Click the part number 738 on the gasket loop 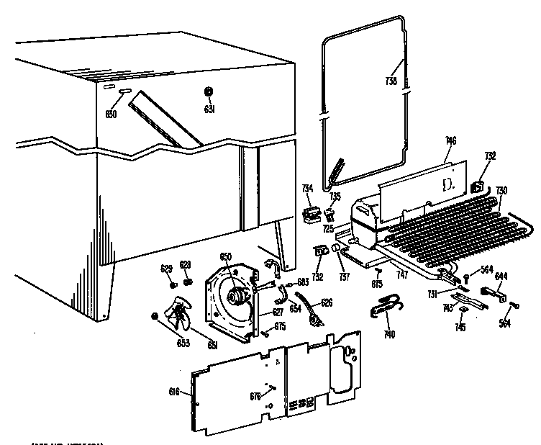point(391,81)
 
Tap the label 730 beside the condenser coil point(501,190)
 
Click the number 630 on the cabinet point(112,114)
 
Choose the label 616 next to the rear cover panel point(173,392)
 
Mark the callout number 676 point(255,396)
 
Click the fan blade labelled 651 point(179,314)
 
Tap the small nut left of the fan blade point(154,316)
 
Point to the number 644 point(501,274)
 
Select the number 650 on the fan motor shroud point(225,257)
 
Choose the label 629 point(166,269)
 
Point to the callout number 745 point(460,328)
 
